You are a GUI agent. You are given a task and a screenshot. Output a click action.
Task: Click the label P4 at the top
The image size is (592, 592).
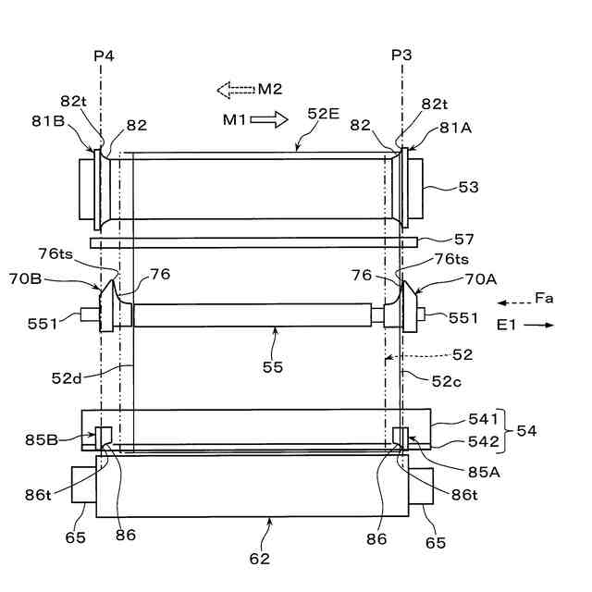click(104, 55)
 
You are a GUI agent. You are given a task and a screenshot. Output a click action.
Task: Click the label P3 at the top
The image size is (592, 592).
click(401, 55)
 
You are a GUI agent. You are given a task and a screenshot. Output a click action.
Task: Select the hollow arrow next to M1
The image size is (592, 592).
click(269, 119)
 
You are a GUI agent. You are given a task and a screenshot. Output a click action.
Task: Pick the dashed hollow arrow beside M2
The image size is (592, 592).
click(235, 89)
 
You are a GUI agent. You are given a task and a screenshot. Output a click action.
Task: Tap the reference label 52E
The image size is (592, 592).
click(324, 114)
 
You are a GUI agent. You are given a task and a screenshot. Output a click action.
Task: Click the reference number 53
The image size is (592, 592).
click(468, 188)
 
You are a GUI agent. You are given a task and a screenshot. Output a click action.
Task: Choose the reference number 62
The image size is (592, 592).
click(260, 558)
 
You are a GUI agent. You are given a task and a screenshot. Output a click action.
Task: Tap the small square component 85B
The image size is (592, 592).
click(104, 435)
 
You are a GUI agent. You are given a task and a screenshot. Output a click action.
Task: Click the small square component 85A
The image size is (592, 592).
click(401, 435)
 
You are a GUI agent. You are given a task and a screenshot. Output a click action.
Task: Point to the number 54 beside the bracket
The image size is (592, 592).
click(526, 431)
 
